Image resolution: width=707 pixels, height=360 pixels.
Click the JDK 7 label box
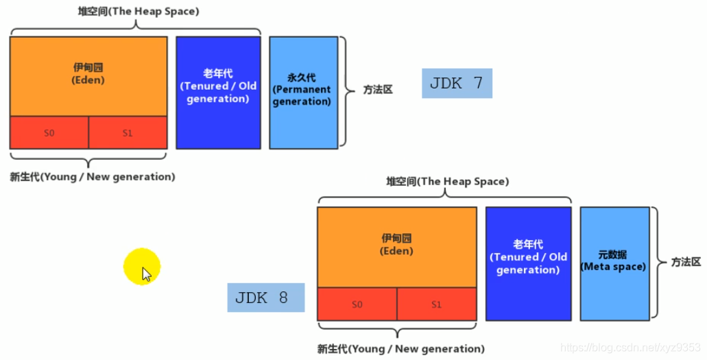tap(457, 84)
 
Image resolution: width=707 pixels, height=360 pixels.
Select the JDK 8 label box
tap(265, 298)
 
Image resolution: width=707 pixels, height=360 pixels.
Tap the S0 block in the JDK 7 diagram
tap(49, 132)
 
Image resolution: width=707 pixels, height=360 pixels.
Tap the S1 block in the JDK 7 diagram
tap(128, 132)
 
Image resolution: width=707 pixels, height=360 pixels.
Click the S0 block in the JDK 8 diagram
tap(357, 304)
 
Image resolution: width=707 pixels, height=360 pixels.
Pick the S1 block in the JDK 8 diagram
tap(436, 304)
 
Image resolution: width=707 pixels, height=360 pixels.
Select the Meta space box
tap(614, 262)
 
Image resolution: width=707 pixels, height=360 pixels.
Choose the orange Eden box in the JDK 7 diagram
tap(88, 75)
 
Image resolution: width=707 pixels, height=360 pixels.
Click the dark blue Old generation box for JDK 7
tap(218, 92)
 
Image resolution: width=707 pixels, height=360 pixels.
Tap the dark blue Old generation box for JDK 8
tap(528, 263)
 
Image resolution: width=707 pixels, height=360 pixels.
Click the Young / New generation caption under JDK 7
tap(93, 177)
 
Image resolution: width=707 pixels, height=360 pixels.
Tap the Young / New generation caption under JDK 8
tap(400, 348)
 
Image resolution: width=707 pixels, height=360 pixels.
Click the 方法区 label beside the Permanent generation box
tap(378, 90)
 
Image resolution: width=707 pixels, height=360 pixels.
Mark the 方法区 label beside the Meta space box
tap(686, 262)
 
